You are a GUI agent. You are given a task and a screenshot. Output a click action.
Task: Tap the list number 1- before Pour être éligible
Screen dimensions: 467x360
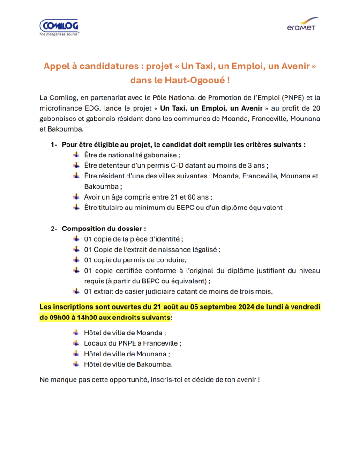coord(54,145)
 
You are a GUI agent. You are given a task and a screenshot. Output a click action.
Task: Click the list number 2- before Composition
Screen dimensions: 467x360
coord(54,229)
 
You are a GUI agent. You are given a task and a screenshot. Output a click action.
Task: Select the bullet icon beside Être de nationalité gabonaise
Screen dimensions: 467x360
coord(76,155)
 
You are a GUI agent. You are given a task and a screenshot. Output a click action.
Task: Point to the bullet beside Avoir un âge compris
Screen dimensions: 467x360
coord(76,197)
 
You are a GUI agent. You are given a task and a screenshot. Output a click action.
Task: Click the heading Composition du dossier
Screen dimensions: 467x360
coord(104,229)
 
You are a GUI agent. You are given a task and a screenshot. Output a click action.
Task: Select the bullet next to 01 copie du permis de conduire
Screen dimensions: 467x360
coord(76,259)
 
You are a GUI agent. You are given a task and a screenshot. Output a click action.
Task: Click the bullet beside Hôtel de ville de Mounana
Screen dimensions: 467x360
coord(76,354)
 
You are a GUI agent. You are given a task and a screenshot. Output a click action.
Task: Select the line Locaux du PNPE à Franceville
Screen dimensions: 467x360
coord(133,343)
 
